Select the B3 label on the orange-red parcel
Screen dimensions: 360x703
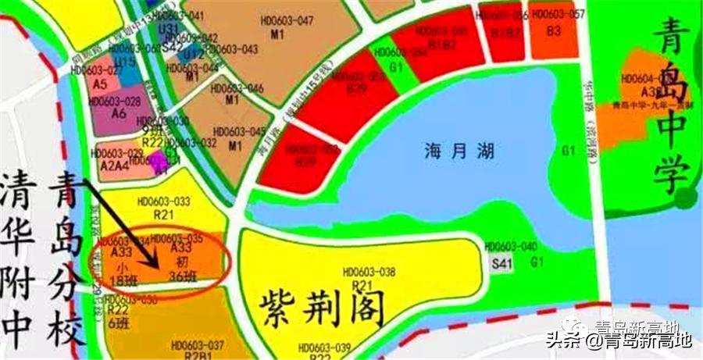(x=554, y=30)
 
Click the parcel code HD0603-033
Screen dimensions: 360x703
(x=163, y=201)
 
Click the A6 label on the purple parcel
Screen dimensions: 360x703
(x=119, y=113)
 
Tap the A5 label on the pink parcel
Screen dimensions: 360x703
(x=99, y=83)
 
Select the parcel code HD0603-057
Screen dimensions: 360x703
(x=557, y=15)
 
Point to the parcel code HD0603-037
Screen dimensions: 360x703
(x=197, y=344)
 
